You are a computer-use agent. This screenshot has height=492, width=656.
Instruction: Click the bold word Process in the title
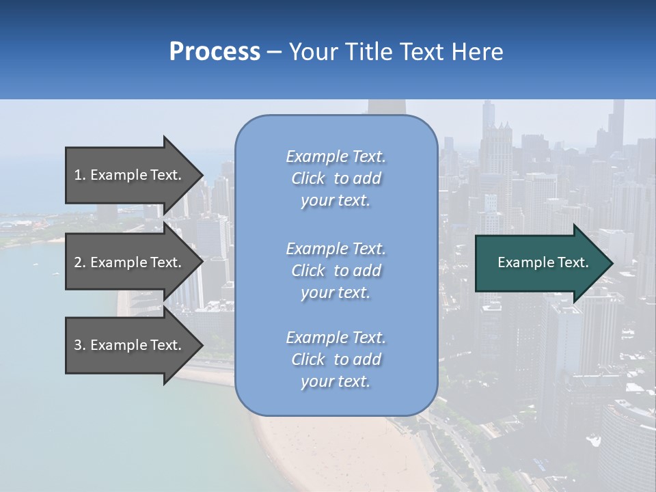point(215,52)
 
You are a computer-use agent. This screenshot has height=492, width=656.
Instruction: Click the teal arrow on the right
point(540,263)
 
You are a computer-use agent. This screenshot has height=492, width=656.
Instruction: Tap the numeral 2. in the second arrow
point(79,262)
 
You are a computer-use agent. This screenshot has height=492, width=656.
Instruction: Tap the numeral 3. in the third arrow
point(79,345)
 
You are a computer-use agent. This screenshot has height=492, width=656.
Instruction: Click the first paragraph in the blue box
point(336,178)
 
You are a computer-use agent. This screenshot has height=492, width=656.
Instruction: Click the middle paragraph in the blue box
point(336,270)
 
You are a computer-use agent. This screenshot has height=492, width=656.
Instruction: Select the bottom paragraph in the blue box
point(336,359)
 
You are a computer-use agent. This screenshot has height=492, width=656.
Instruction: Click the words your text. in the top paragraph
point(336,201)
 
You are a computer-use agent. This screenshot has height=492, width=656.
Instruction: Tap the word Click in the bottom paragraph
point(308,359)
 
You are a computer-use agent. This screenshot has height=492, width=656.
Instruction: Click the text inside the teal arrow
point(543,262)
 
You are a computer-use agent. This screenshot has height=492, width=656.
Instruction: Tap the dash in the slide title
point(274,52)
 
